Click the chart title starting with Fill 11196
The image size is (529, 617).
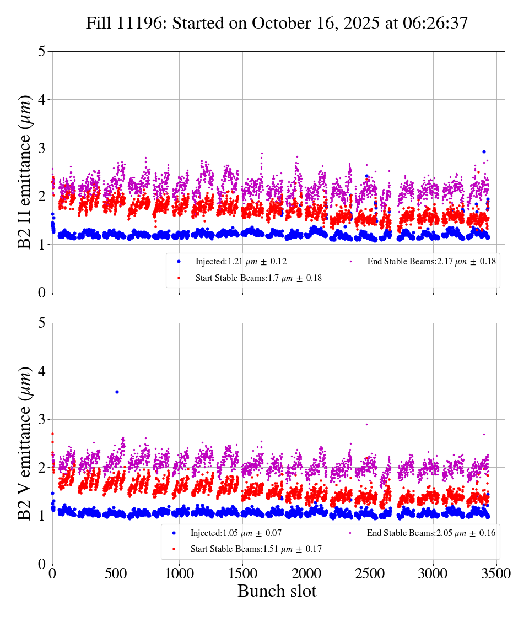(277, 23)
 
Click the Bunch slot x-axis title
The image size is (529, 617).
(277, 591)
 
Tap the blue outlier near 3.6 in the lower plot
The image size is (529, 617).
(117, 392)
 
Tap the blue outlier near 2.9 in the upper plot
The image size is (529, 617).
(484, 151)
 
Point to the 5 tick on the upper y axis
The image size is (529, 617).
(42, 52)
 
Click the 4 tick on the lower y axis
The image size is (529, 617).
(42, 371)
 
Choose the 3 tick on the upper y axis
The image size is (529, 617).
(42, 148)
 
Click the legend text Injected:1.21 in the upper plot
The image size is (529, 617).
(241, 261)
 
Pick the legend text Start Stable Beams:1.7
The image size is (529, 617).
(258, 278)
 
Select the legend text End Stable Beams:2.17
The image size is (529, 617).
(431, 261)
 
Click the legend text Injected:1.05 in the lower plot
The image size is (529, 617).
(236, 533)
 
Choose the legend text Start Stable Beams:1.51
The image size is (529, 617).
(256, 549)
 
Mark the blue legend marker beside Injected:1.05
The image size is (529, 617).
(174, 533)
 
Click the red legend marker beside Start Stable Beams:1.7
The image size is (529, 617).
(179, 278)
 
